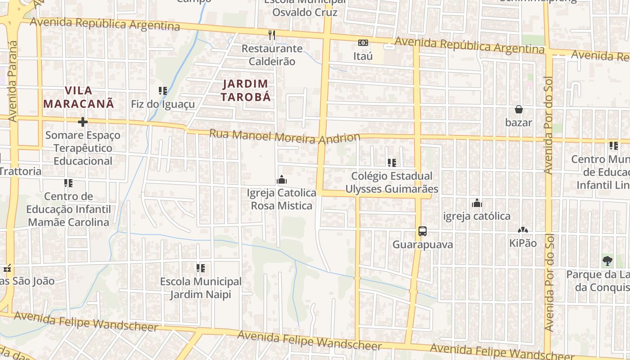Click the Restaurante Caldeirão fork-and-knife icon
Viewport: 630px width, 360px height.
272,35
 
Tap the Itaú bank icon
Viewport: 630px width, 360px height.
363,43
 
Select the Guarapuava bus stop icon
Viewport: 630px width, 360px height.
423,231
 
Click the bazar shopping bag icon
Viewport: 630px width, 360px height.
518,109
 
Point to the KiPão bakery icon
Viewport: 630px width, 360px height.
522,230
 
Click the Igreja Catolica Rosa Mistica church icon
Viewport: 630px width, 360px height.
282,180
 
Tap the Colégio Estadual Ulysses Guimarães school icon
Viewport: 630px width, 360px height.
391,162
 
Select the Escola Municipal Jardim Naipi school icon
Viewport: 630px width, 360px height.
201,268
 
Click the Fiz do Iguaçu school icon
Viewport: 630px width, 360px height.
163,91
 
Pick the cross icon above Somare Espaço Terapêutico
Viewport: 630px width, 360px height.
82,122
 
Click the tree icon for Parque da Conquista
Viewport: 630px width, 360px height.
607,261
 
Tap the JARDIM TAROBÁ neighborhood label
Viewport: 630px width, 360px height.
246,90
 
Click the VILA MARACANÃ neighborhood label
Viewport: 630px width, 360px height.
79,97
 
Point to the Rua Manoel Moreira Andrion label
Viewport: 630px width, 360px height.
285,137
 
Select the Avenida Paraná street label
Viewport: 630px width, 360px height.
13,81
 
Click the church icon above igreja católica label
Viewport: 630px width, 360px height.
477,203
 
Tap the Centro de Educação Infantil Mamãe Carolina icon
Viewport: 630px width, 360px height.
68,183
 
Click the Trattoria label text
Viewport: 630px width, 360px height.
21,171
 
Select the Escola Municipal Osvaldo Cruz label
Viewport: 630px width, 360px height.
305,8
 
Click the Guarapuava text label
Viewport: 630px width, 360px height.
423,244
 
